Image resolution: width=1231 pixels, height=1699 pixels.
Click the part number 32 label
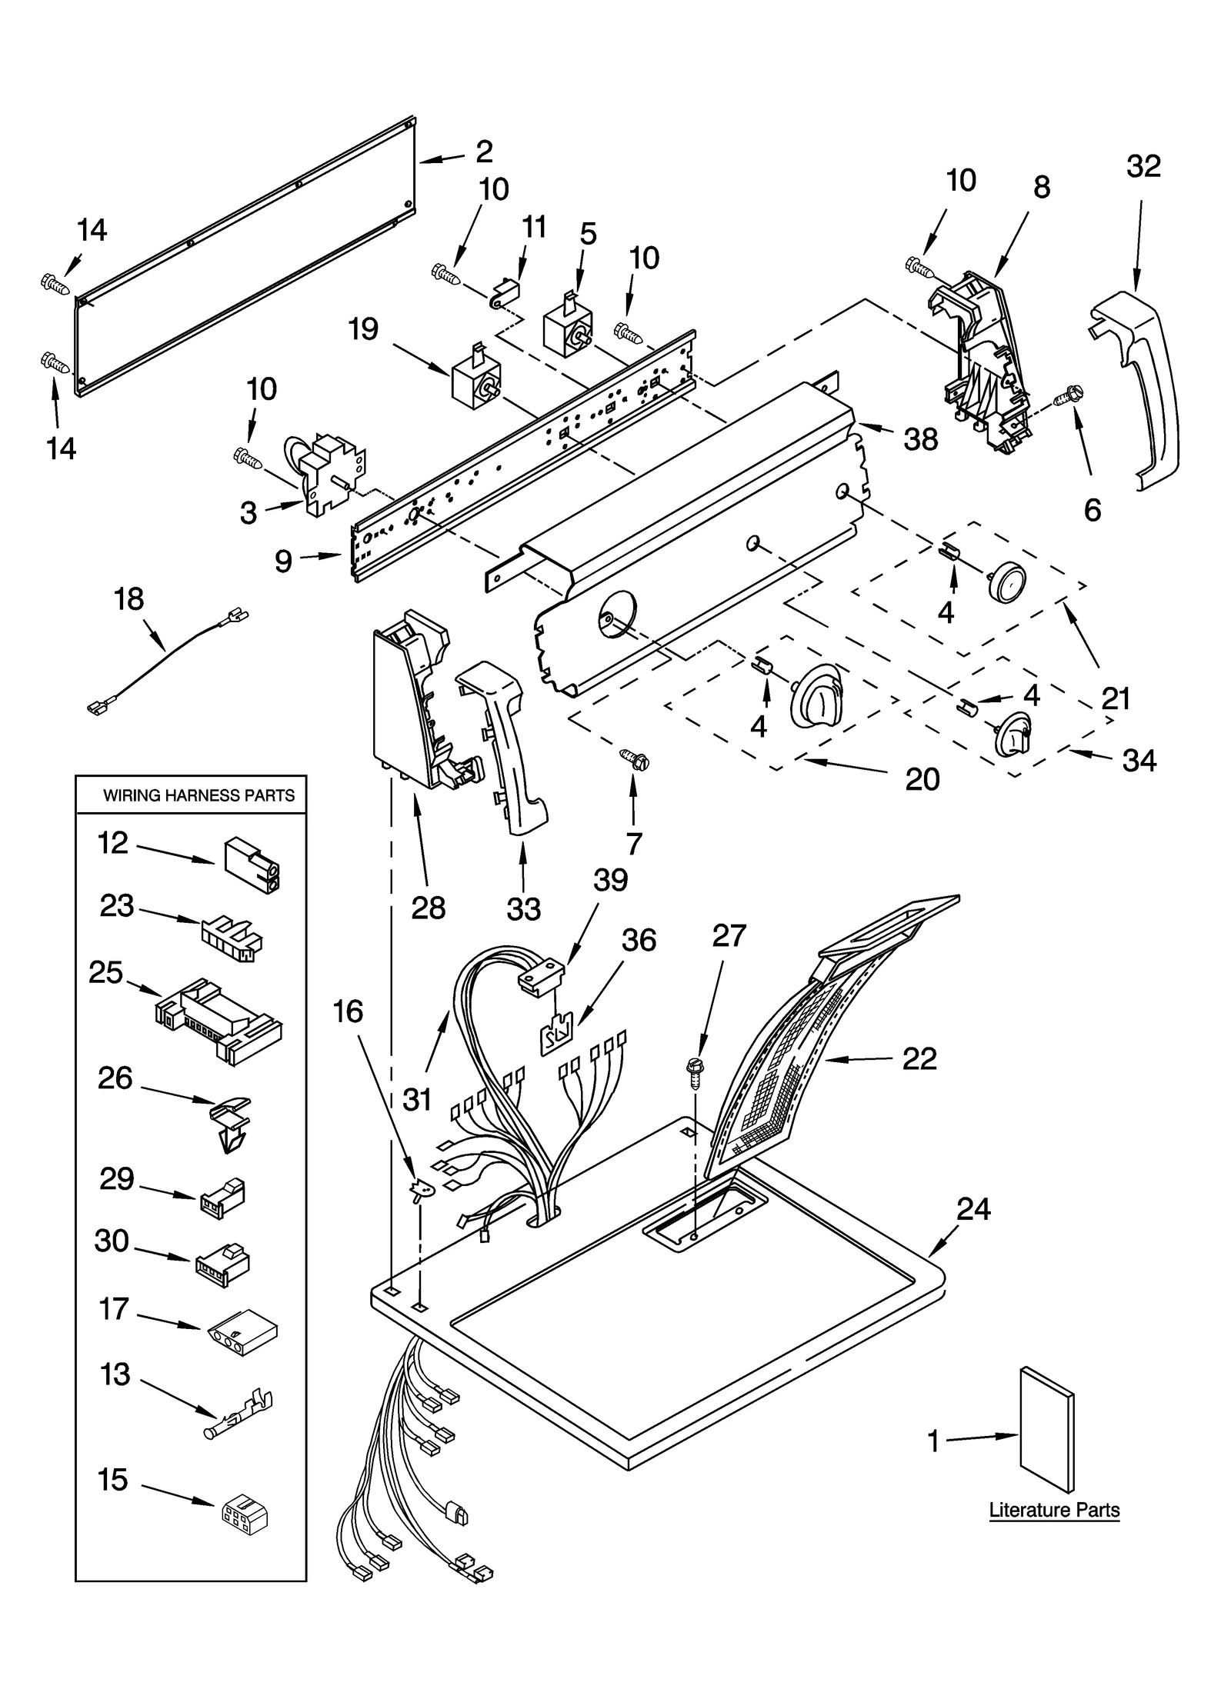[1143, 167]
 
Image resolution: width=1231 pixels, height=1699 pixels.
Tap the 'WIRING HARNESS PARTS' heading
[199, 795]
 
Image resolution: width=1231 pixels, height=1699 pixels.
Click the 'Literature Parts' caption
[1053, 1510]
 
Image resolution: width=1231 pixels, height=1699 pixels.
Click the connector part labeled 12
[252, 864]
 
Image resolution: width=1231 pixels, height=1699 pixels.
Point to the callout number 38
[921, 439]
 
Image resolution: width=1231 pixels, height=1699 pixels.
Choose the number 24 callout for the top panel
[973, 1210]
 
